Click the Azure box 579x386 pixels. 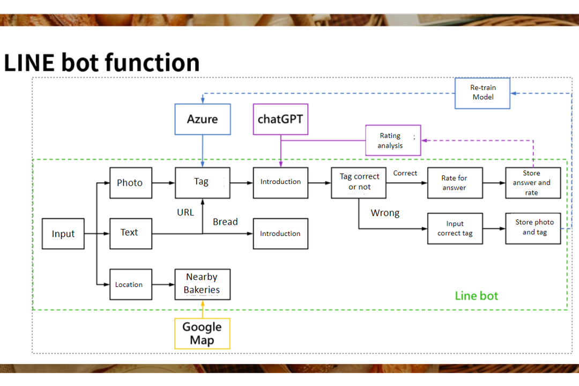coord(203,119)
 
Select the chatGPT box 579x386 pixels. coord(280,119)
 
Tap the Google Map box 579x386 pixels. coord(202,333)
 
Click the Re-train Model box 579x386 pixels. coord(482,93)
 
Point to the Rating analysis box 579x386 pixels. coord(393,140)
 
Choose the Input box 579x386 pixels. coord(63,234)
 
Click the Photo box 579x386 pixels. coord(130,183)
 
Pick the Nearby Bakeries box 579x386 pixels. coord(202,284)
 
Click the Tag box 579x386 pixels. coord(202,182)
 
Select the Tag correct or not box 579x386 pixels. coord(359,182)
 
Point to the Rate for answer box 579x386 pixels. coord(455,183)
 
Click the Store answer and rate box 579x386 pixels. coord(532,183)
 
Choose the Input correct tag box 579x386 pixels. coord(455,228)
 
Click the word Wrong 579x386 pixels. coord(385,213)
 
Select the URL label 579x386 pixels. coord(185,212)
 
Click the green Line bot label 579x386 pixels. coord(476,295)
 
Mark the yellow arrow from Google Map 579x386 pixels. coord(203,309)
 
